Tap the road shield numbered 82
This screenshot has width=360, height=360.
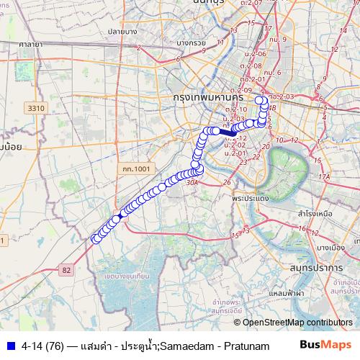67,269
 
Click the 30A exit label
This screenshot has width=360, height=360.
192,184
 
